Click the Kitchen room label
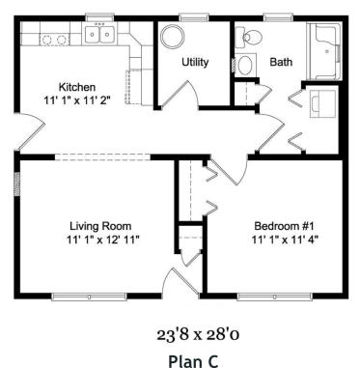[x=77, y=86]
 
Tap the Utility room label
[x=196, y=62]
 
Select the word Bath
[x=281, y=62]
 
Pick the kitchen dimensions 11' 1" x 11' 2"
[x=77, y=99]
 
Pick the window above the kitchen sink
[x=98, y=17]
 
